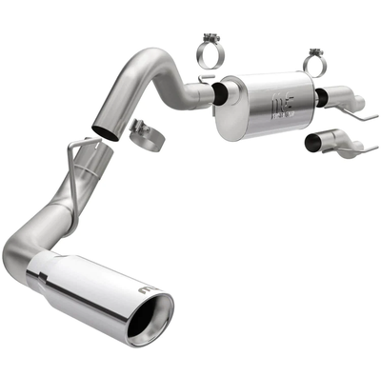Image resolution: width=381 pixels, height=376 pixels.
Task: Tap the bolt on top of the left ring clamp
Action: (x=211, y=38)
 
